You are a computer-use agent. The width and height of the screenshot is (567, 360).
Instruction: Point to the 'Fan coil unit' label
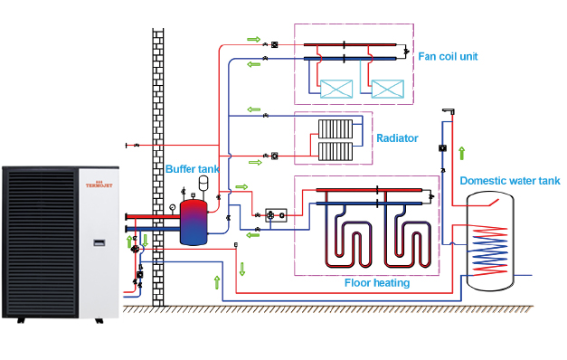coord(448,56)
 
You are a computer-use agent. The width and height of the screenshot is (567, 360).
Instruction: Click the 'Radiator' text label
coord(397,138)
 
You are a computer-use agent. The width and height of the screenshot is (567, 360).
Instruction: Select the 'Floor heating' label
coord(377,283)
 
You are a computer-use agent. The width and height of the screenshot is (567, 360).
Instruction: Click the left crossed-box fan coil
coord(337,90)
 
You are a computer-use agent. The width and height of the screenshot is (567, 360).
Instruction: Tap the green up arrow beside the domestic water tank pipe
coord(461,153)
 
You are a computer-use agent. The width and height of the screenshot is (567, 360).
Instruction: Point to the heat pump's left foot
coord(14,319)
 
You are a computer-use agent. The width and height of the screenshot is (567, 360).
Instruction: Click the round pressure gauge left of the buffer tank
coord(171,206)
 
